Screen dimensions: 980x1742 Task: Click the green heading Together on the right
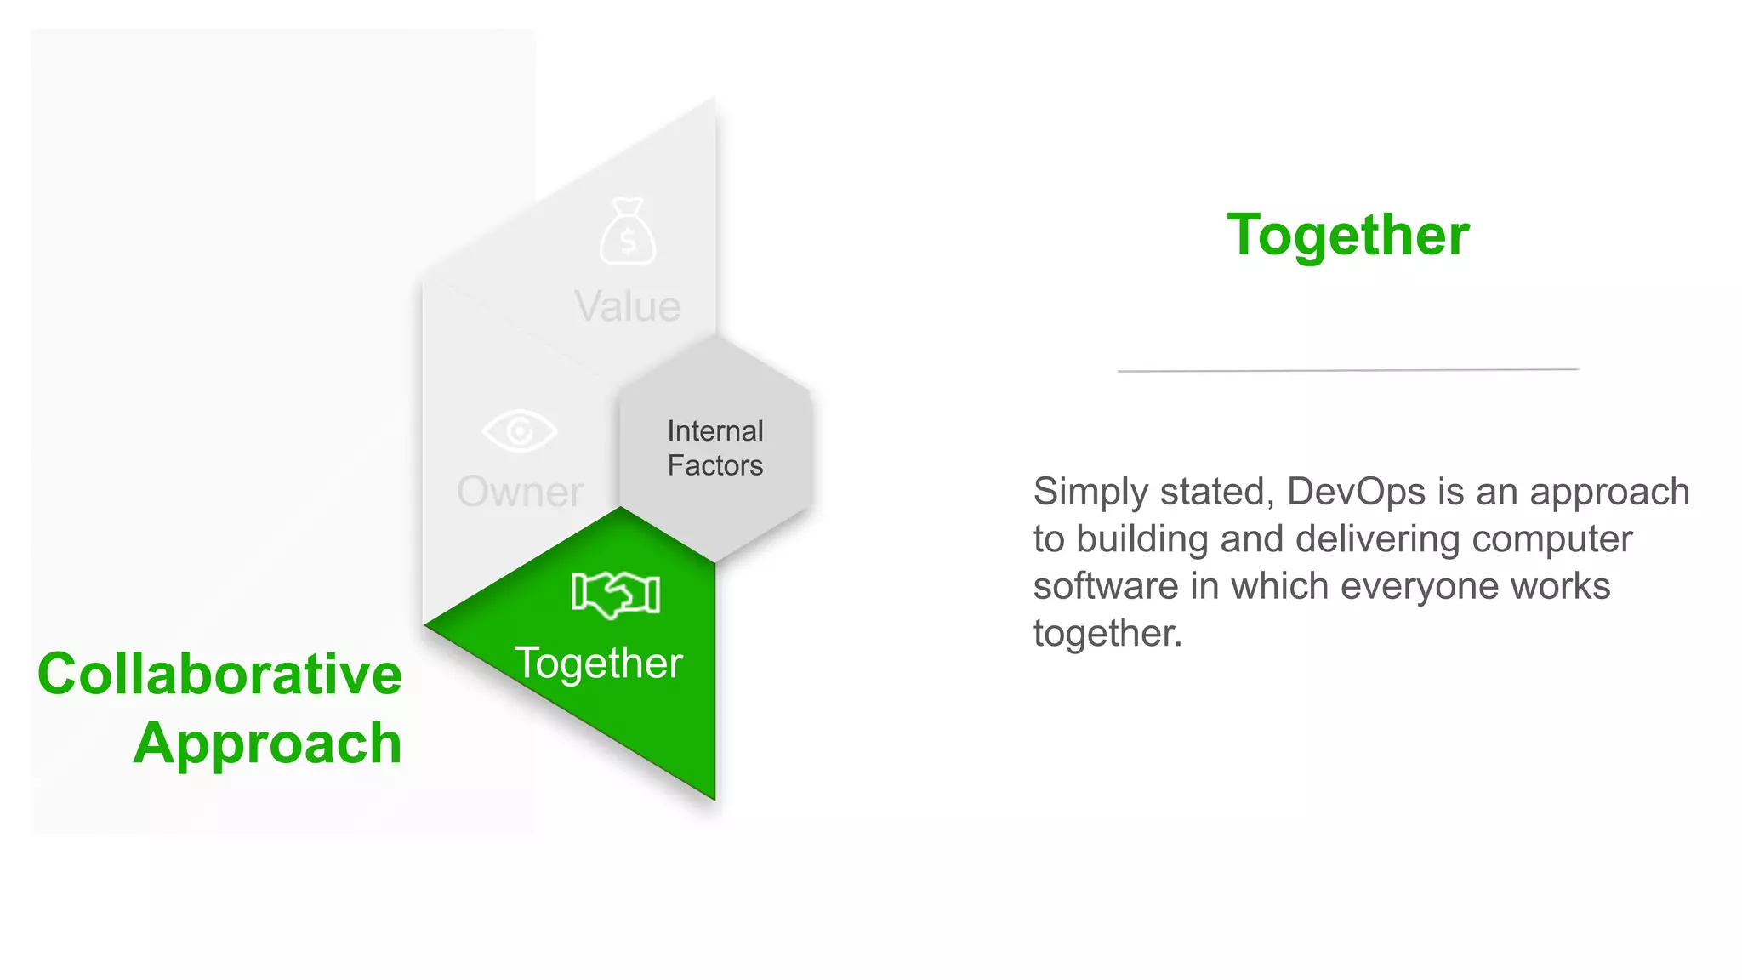pyautogui.click(x=1347, y=235)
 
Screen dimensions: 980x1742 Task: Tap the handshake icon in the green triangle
pyautogui.click(x=616, y=594)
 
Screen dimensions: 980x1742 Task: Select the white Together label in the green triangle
pyautogui.click(x=598, y=664)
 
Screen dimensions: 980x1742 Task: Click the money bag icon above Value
pyautogui.click(x=628, y=231)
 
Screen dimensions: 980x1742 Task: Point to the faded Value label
pyautogui.click(x=628, y=306)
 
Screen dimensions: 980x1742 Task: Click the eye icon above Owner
pyautogui.click(x=520, y=430)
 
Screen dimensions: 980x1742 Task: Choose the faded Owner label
pyautogui.click(x=520, y=492)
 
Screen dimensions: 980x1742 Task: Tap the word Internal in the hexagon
pyautogui.click(x=714, y=431)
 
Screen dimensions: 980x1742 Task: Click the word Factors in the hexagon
pyautogui.click(x=714, y=465)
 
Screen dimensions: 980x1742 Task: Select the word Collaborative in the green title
pyautogui.click(x=219, y=674)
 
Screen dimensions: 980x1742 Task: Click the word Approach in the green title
pyautogui.click(x=267, y=744)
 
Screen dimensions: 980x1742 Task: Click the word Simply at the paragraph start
pyautogui.click(x=1090, y=492)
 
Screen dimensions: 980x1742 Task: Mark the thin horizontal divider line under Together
pyautogui.click(x=1347, y=370)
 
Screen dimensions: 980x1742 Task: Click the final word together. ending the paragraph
pyautogui.click(x=1107, y=634)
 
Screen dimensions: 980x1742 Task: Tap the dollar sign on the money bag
pyautogui.click(x=628, y=242)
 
